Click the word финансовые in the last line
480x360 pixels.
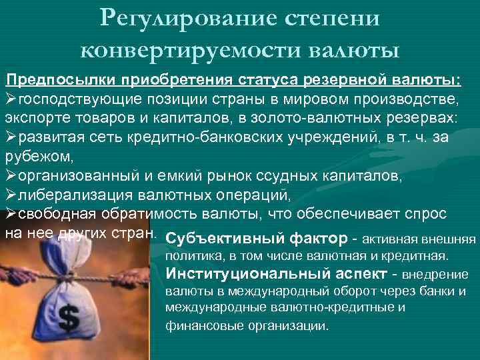point(195,327)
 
